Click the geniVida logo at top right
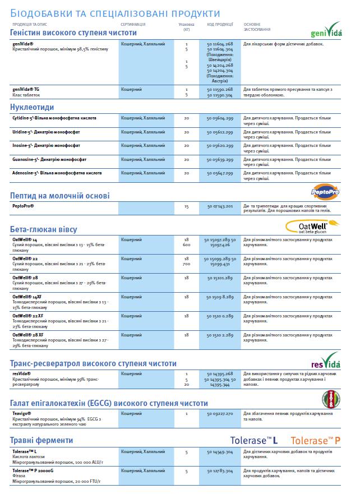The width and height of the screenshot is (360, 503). (x=325, y=29)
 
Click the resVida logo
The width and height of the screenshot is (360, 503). (x=325, y=359)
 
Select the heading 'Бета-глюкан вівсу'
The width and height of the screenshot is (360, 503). (x=43, y=229)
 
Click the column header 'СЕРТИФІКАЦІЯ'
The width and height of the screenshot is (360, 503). (x=133, y=25)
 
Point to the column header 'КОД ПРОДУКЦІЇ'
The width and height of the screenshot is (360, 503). (x=220, y=25)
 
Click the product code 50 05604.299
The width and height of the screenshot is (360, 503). (x=220, y=118)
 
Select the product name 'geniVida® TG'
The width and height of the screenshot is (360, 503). (x=26, y=89)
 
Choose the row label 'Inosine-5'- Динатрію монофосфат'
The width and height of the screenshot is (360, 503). (x=46, y=145)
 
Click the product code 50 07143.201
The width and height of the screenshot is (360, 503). (x=220, y=206)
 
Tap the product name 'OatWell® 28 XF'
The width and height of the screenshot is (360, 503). (x=28, y=335)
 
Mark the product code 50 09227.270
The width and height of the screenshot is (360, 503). (x=220, y=413)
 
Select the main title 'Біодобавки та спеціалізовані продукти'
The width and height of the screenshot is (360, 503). (x=115, y=13)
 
